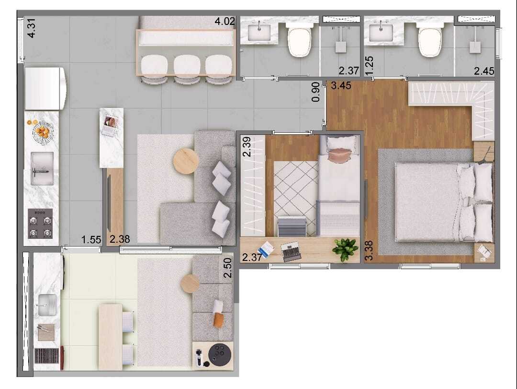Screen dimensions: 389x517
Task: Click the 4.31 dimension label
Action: [x=32, y=28]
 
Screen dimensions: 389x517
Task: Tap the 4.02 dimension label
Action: [x=225, y=22]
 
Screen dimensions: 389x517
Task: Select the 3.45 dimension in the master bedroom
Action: [x=341, y=87]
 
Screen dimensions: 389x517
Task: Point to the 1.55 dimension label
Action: [x=91, y=239]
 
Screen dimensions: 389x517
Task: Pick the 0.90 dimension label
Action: [x=315, y=92]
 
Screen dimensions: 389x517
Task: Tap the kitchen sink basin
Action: [x=43, y=168]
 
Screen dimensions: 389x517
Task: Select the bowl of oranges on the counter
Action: [x=43, y=130]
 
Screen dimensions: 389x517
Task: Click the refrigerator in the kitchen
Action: [x=45, y=88]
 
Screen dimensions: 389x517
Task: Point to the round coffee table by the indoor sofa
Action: [x=186, y=162]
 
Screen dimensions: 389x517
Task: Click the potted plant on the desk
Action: [x=345, y=249]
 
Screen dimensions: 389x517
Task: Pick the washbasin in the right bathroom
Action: [x=382, y=33]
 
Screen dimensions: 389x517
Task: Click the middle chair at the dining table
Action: [x=187, y=67]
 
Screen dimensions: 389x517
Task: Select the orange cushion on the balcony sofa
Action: [x=218, y=319]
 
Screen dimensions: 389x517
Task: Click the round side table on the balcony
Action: [x=190, y=283]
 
